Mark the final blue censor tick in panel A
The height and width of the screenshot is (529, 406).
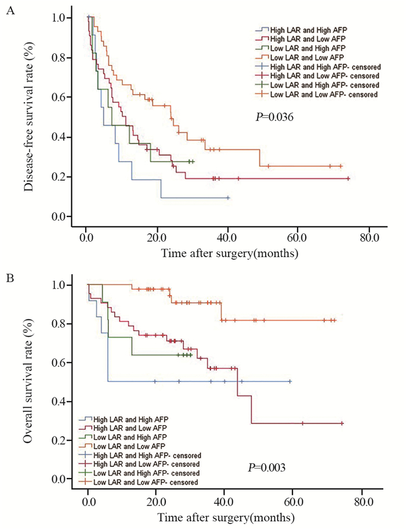pyautogui.click(x=228, y=198)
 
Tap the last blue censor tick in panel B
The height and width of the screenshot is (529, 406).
pyautogui.click(x=289, y=382)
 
